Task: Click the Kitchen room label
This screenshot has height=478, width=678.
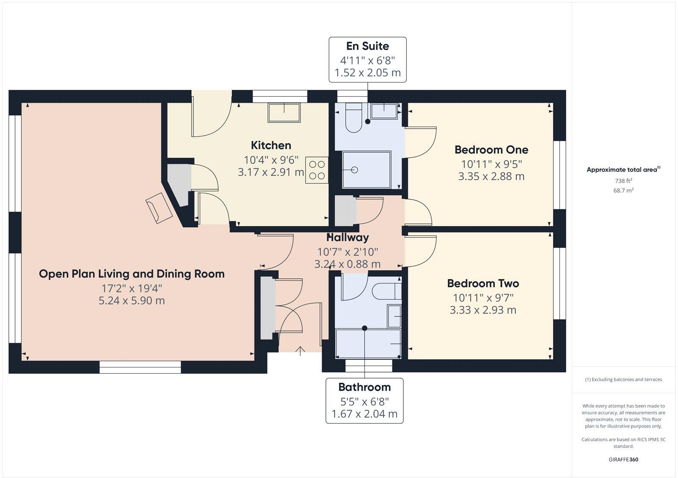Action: point(271,145)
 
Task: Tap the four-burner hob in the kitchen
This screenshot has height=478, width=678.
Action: point(317,170)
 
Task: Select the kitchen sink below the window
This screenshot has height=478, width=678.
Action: point(284,113)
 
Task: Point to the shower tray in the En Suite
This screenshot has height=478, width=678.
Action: point(366,170)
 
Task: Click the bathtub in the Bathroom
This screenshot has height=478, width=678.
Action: point(368,343)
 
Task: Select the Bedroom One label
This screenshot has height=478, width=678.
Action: point(491,150)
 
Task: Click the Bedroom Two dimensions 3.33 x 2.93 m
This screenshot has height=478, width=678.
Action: point(483,310)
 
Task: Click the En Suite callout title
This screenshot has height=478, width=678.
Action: point(367,46)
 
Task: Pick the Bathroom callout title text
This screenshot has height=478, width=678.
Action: point(364,387)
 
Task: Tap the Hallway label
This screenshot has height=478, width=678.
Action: point(347,237)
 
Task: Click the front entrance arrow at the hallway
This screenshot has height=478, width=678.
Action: point(300,350)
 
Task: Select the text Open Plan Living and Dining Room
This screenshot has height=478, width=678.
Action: point(132,274)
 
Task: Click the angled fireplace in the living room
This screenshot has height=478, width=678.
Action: point(159,208)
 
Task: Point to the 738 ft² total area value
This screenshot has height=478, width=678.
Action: point(623,181)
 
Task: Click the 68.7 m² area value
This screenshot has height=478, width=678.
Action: point(623,191)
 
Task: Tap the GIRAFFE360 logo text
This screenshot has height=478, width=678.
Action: point(623,459)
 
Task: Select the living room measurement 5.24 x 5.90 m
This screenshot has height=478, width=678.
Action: point(132,300)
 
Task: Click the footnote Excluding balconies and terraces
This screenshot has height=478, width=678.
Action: point(623,379)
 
